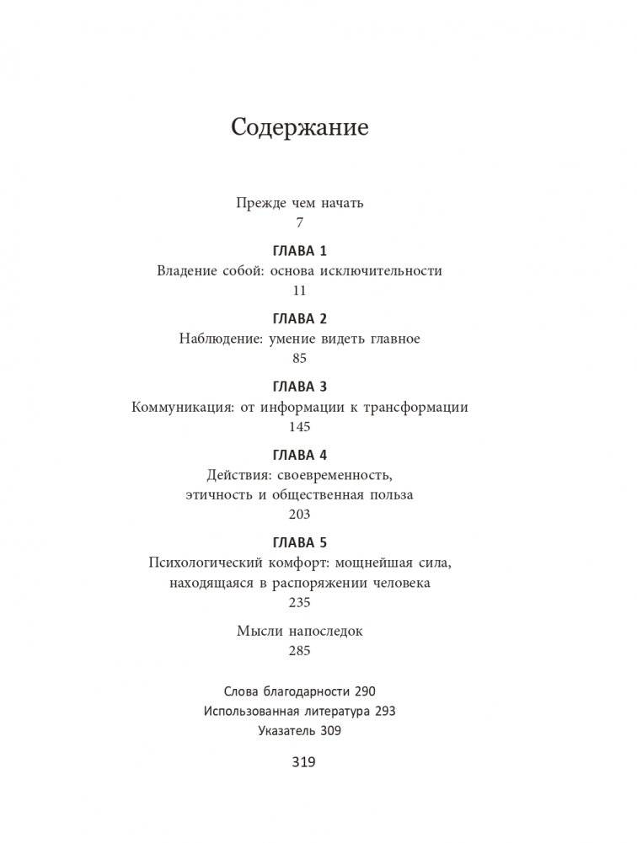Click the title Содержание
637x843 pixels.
(x=300, y=128)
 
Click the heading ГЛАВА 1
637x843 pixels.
(x=300, y=251)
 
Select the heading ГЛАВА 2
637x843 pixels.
(x=300, y=318)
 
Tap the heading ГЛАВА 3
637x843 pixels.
(x=300, y=387)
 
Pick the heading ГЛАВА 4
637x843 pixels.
(x=300, y=455)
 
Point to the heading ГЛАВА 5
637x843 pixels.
(x=300, y=542)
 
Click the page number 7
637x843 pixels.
(x=299, y=223)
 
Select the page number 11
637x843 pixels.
(x=299, y=291)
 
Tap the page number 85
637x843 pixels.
(x=299, y=358)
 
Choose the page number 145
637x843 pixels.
(x=299, y=426)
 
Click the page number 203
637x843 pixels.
(x=299, y=514)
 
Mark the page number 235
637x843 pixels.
(x=299, y=602)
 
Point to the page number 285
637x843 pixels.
(x=299, y=650)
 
